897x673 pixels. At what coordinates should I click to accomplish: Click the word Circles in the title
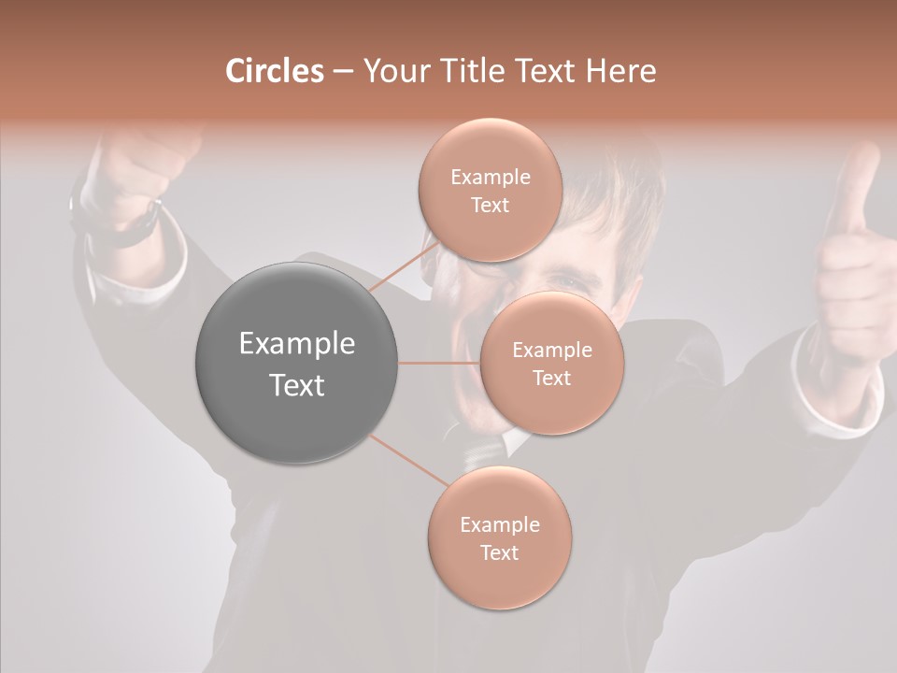tap(274, 71)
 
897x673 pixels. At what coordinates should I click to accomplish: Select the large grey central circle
tap(296, 363)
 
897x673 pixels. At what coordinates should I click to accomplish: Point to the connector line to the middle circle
tap(439, 363)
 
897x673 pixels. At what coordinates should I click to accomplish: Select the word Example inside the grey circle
tap(296, 343)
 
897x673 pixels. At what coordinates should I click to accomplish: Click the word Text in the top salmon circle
tap(490, 206)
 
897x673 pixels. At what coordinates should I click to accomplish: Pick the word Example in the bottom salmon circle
tap(499, 524)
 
